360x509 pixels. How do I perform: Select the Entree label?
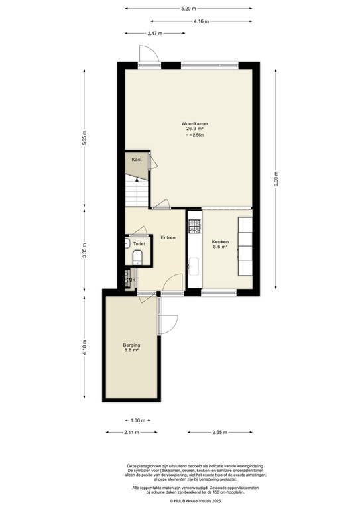tap(168, 237)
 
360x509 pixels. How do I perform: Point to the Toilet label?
tap(139, 244)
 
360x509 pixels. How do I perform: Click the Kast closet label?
tap(137, 160)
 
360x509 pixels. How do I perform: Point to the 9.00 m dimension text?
tap(277, 180)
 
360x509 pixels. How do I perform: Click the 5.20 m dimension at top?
tap(188, 9)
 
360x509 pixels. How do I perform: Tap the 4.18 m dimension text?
tap(84, 349)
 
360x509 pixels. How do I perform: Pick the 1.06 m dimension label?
tap(137, 420)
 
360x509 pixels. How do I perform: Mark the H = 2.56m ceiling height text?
tap(194, 135)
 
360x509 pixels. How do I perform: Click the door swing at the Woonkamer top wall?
tap(147, 56)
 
